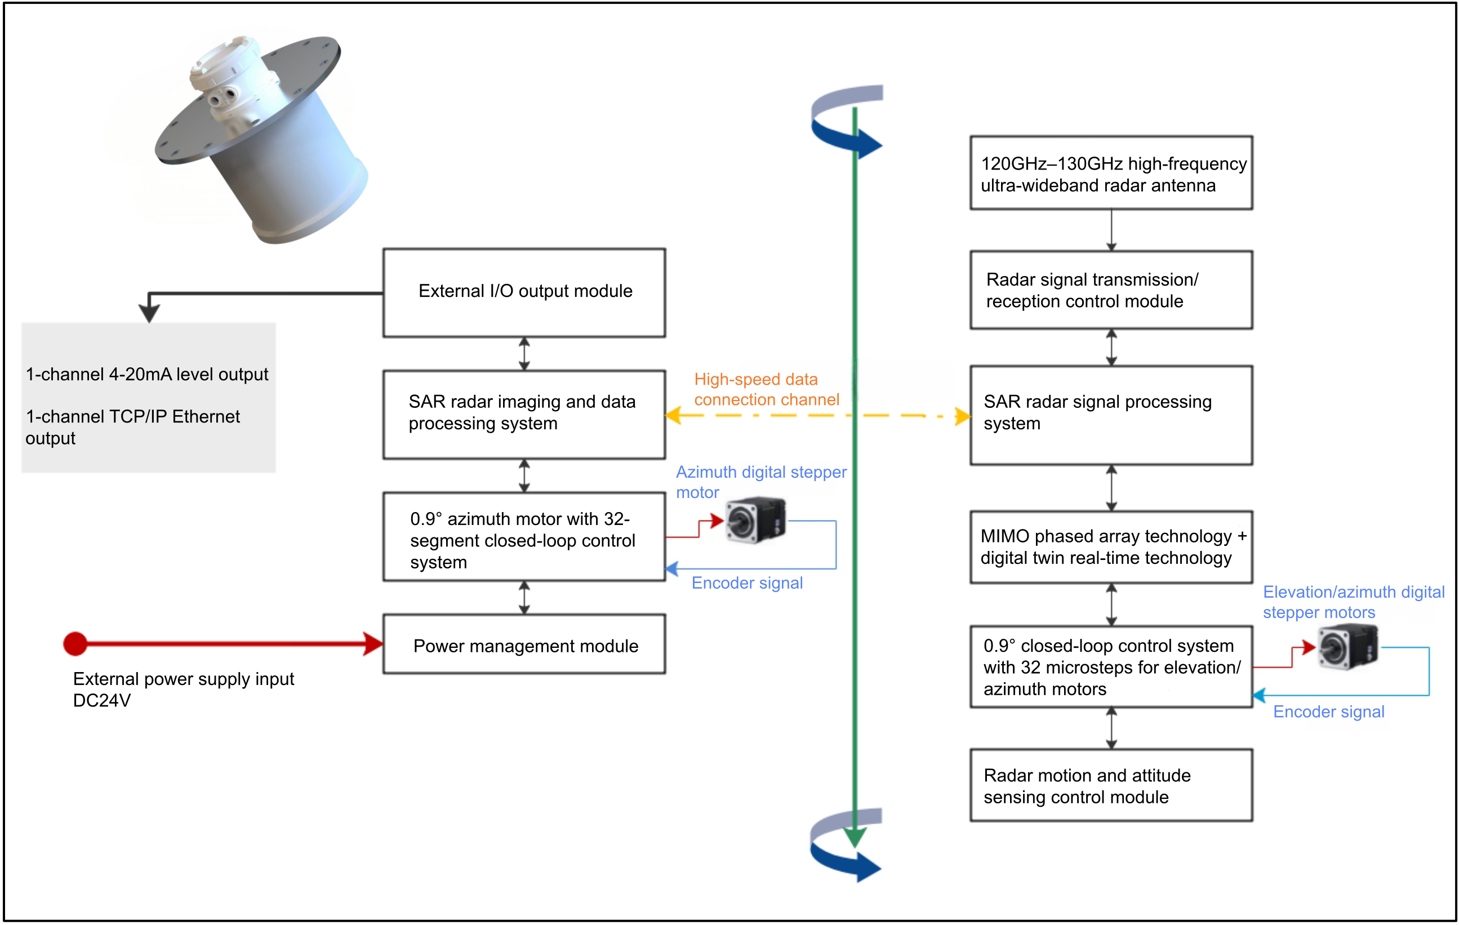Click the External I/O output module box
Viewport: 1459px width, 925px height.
pyautogui.click(x=524, y=292)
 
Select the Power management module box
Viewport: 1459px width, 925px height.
pyautogui.click(x=524, y=644)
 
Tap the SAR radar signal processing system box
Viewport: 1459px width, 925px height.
pyautogui.click(x=1111, y=415)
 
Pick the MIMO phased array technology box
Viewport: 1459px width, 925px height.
pyautogui.click(x=1111, y=546)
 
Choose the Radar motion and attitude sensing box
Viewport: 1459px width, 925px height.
pyautogui.click(x=1111, y=785)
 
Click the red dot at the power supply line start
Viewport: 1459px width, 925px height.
pyautogui.click(x=75, y=643)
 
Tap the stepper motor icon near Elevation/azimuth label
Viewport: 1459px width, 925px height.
pyautogui.click(x=1347, y=647)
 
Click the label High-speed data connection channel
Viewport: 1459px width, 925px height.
pyautogui.click(x=766, y=389)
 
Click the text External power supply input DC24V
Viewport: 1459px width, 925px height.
pyautogui.click(x=183, y=690)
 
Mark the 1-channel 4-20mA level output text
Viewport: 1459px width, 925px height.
pyautogui.click(x=146, y=375)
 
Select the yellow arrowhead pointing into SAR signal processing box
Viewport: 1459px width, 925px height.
pyautogui.click(x=962, y=416)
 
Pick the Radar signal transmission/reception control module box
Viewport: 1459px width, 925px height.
pyautogui.click(x=1111, y=290)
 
